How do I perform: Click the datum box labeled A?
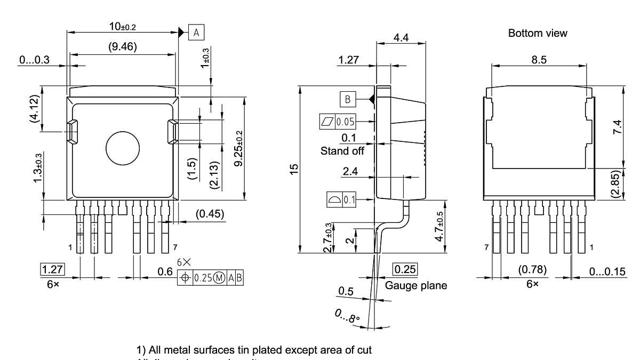pos(196,33)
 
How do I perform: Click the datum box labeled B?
pos(347,99)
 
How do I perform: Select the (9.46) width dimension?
pos(122,47)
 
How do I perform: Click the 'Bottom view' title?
pos(538,33)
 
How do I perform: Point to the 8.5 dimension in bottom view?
pos(539,60)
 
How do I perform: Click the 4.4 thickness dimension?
pos(401,38)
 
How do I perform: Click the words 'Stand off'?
pos(342,151)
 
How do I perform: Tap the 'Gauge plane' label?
pos(416,286)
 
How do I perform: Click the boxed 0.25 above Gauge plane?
pos(405,269)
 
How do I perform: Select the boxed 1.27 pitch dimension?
pos(52,269)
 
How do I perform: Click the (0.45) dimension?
pos(210,214)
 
